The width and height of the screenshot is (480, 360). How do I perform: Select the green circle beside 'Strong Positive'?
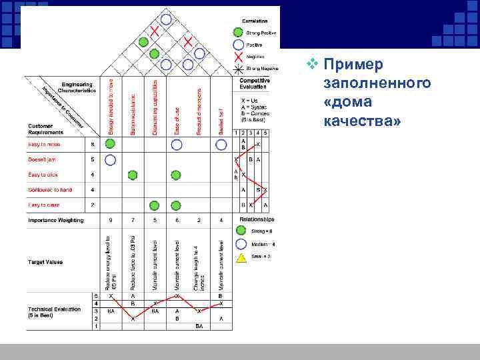238,32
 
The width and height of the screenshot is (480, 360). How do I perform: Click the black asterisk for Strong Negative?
238,68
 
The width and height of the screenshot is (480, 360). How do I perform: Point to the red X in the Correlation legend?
238,56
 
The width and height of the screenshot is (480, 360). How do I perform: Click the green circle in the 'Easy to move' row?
111,144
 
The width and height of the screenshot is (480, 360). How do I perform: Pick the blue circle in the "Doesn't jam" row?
111,160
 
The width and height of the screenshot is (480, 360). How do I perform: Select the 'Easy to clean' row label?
43,205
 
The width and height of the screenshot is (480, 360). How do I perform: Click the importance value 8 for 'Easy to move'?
92,144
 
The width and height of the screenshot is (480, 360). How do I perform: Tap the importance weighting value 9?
111,220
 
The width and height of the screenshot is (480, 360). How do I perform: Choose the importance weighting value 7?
133,220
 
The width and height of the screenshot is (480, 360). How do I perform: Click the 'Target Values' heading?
45,262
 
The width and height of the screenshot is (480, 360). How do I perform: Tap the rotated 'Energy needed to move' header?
111,107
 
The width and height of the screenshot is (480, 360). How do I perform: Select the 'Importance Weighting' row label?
56,220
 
